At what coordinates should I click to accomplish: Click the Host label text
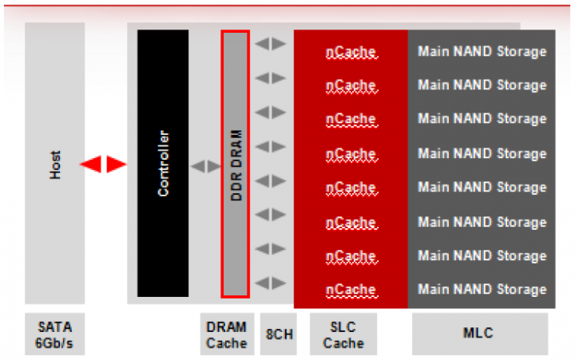tap(55, 164)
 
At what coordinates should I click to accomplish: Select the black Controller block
tap(163, 164)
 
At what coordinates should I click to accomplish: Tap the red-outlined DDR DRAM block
tap(236, 164)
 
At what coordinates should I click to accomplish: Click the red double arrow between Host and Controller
tap(104, 164)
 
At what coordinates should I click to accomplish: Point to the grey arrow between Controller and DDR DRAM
tap(205, 166)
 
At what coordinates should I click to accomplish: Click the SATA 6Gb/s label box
tap(54, 334)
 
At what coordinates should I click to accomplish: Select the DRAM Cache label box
tap(226, 334)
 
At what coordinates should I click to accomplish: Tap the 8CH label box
tap(278, 334)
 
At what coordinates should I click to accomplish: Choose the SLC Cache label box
tap(343, 334)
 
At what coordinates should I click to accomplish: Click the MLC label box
tap(480, 334)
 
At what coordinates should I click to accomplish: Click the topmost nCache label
tap(351, 52)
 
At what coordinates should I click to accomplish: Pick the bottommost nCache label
tap(351, 289)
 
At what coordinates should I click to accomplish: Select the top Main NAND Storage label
tap(482, 52)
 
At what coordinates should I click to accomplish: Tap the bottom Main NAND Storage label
tap(482, 289)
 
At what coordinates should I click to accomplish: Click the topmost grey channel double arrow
tap(271, 44)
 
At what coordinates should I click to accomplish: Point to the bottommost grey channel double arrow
tap(271, 283)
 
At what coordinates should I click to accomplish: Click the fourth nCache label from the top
tap(351, 153)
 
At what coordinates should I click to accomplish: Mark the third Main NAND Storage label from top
tap(482, 119)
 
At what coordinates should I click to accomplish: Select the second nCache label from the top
tap(351, 85)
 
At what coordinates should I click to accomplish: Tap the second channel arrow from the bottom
tap(271, 248)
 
